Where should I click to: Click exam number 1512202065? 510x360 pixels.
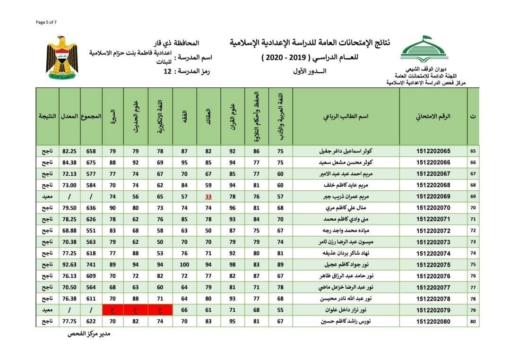click(x=433, y=151)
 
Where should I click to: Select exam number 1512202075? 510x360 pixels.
click(x=433, y=265)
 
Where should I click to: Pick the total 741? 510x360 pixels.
click(x=91, y=265)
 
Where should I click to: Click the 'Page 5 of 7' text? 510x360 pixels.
click(x=46, y=22)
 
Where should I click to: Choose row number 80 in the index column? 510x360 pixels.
click(x=473, y=322)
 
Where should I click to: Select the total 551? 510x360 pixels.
click(x=91, y=231)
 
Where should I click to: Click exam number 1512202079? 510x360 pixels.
click(x=433, y=310)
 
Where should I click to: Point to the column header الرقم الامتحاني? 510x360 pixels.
click(x=433, y=116)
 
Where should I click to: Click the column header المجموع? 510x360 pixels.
click(x=91, y=116)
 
